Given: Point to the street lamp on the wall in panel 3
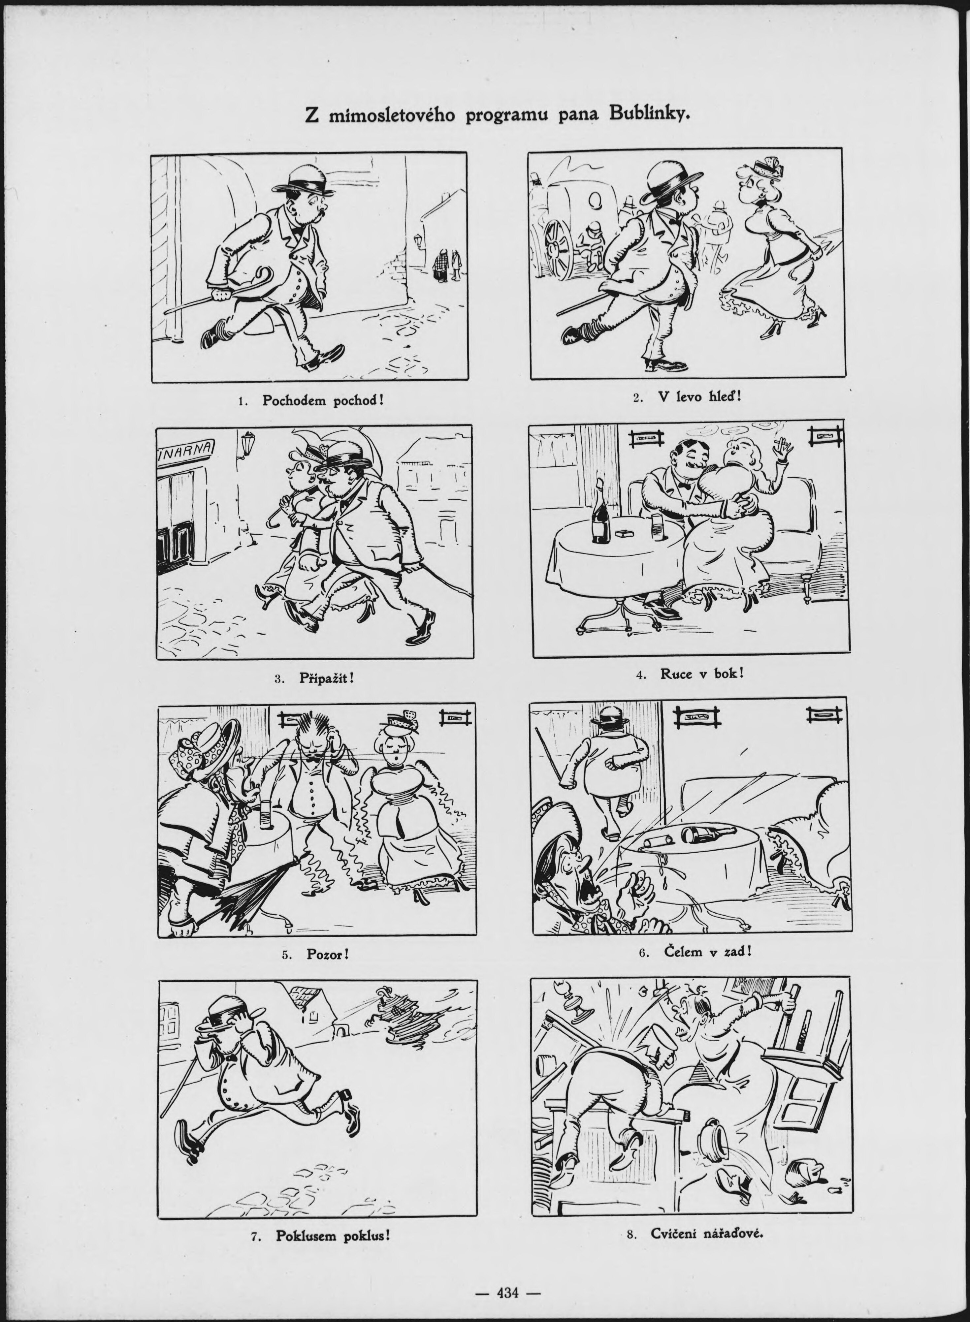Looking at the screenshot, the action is pyautogui.click(x=248, y=444).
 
